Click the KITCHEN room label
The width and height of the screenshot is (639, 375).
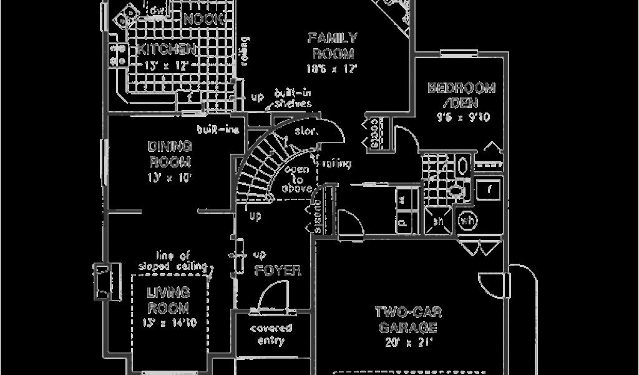pyautogui.click(x=166, y=49)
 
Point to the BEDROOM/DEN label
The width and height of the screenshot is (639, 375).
pyautogui.click(x=461, y=95)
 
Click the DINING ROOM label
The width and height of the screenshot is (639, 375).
pyautogui.click(x=169, y=154)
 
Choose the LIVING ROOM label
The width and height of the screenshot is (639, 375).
pyautogui.click(x=168, y=299)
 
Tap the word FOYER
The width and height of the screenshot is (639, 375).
pyautogui.click(x=278, y=271)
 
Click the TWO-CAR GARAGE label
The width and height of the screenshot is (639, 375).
pyautogui.click(x=406, y=319)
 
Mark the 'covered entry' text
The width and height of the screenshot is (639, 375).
pyautogui.click(x=271, y=334)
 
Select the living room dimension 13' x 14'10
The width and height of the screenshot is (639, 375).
pyautogui.click(x=168, y=322)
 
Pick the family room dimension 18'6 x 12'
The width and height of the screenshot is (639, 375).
pyautogui.click(x=331, y=68)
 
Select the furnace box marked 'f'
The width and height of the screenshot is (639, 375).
pyautogui.click(x=490, y=189)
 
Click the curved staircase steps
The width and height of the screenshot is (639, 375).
pyautogui.click(x=256, y=169)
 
